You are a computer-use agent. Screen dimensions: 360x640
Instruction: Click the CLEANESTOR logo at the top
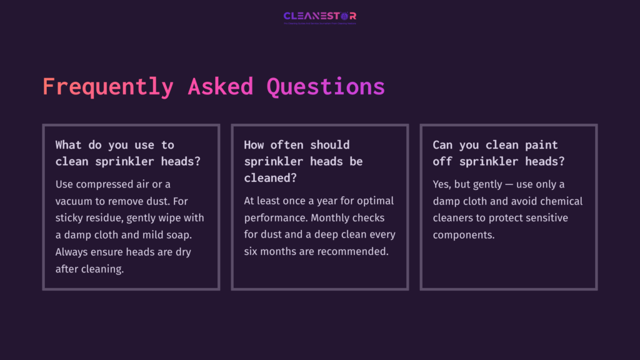click(319, 16)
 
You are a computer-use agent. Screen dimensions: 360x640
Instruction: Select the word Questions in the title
click(326, 87)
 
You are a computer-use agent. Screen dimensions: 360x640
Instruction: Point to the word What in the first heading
click(68, 145)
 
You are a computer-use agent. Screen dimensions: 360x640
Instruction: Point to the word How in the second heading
click(254, 145)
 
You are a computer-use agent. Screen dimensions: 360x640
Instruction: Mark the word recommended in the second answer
click(359, 252)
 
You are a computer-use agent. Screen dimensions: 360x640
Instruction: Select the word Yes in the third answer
click(442, 184)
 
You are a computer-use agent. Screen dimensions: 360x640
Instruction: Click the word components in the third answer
click(462, 235)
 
